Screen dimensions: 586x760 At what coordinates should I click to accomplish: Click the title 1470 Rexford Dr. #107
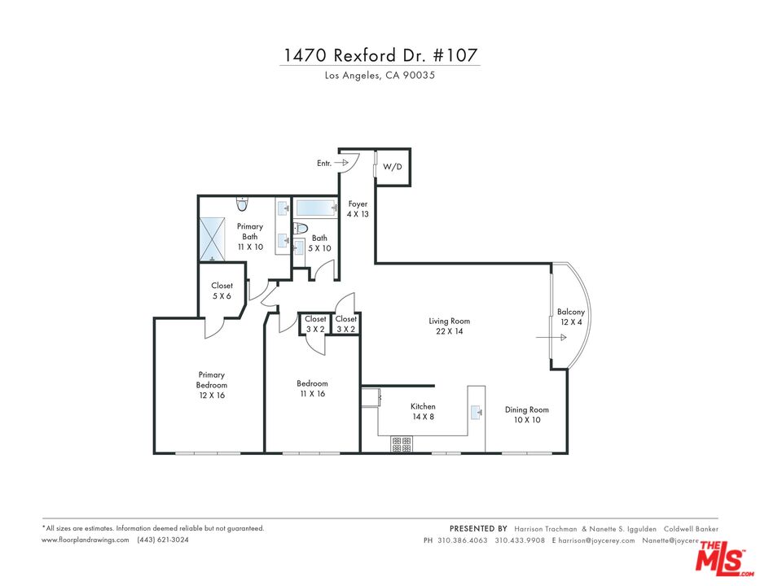point(380,55)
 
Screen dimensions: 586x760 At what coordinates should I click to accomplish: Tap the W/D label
point(393,166)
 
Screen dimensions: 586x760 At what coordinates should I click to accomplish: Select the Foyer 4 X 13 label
point(358,209)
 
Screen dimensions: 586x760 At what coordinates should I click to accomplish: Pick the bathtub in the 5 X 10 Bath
point(316,208)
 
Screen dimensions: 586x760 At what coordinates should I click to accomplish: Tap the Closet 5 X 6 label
point(222,291)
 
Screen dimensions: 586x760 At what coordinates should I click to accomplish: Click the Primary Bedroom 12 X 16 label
point(212,385)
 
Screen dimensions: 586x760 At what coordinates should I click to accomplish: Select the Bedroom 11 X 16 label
point(312,388)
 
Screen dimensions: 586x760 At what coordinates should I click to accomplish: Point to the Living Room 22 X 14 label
point(450,326)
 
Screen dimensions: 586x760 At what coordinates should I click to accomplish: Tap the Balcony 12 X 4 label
point(569,317)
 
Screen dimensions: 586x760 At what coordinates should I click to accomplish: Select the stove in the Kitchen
point(402,444)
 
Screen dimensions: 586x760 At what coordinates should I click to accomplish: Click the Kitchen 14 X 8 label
point(423,411)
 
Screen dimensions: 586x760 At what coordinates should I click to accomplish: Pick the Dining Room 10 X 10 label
point(527,415)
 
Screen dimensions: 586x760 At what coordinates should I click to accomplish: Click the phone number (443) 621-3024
point(163,540)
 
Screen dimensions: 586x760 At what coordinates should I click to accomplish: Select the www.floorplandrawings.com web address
point(86,540)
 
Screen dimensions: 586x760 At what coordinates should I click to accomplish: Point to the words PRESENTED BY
point(478,528)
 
